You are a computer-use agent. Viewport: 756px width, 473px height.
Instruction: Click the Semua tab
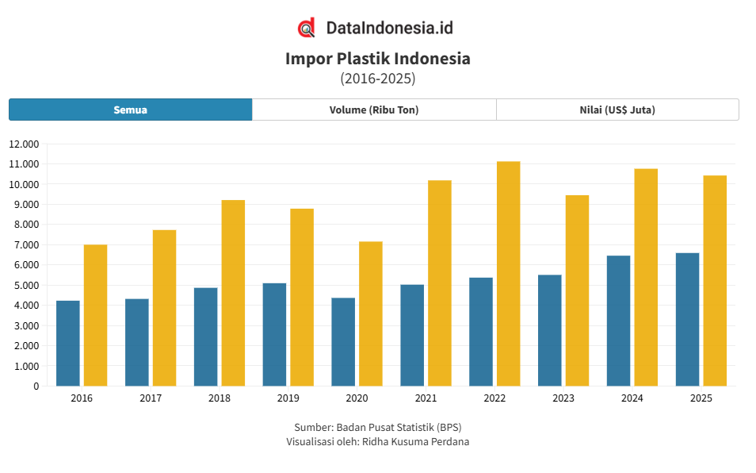pyautogui.click(x=130, y=110)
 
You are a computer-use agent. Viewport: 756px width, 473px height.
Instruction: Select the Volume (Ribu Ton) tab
pyautogui.click(x=374, y=110)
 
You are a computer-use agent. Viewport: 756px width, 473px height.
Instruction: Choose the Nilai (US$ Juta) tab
pyautogui.click(x=617, y=110)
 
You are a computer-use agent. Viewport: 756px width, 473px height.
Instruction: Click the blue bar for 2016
pyautogui.click(x=68, y=343)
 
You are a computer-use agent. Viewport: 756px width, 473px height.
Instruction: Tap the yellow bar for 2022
pyautogui.click(x=508, y=274)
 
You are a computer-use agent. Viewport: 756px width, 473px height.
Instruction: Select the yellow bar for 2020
pyautogui.click(x=371, y=313)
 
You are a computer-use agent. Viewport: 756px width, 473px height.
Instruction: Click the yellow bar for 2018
pyautogui.click(x=233, y=293)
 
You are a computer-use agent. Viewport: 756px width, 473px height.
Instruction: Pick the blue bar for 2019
pyautogui.click(x=274, y=334)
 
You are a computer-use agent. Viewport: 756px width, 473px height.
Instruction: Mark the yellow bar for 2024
pyautogui.click(x=646, y=277)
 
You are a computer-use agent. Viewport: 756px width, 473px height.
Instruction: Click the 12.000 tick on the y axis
pyautogui.click(x=24, y=144)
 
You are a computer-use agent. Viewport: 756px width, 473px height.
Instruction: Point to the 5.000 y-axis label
pyautogui.click(x=26, y=285)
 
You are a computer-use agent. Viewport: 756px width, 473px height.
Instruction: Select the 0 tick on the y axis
pyautogui.click(x=36, y=386)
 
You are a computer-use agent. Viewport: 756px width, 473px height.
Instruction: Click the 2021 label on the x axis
pyautogui.click(x=426, y=398)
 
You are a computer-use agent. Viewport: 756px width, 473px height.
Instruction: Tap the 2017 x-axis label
pyautogui.click(x=151, y=398)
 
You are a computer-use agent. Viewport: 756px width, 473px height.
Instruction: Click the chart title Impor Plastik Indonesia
pyautogui.click(x=377, y=59)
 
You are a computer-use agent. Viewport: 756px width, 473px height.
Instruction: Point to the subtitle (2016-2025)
pyautogui.click(x=377, y=79)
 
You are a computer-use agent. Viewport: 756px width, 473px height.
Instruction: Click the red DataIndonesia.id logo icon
pyautogui.click(x=307, y=28)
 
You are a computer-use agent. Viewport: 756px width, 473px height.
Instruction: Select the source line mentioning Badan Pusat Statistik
pyautogui.click(x=377, y=427)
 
